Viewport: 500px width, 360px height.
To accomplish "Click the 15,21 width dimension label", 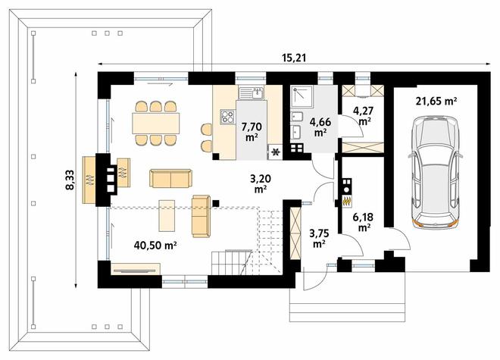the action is coord(294,58).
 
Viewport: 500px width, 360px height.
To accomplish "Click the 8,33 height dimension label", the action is coord(70,180).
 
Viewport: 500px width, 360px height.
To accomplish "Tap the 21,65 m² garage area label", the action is coord(436,101).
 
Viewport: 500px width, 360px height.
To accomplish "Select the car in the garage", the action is coord(436,172).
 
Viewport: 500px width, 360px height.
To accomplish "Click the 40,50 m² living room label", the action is coord(155,245).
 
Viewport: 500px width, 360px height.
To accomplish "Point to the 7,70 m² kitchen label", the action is coord(252,131).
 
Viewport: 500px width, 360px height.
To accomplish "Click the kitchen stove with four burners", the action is coord(228,116).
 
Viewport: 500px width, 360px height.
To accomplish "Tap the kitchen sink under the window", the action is coord(252,92).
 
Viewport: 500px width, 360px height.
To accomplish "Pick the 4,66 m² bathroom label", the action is coord(320,127).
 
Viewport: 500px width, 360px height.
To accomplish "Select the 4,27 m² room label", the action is coord(363,116).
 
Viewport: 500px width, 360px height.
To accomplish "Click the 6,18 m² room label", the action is coord(363,223).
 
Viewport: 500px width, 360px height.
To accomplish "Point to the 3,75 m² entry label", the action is coord(319,238).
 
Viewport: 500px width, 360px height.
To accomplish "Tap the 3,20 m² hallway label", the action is coord(261,184).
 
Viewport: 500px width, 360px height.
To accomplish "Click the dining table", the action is coord(156,124).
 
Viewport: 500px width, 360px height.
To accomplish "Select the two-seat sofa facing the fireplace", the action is coord(170,179).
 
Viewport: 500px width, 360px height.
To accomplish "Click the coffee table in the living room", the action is coord(167,216).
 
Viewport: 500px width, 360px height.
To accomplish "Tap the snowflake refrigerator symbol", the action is coord(275,152).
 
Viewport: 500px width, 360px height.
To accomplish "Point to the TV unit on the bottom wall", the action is coord(136,269).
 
